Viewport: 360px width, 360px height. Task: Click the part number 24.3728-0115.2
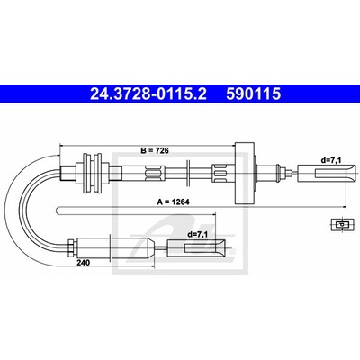coord(148,94)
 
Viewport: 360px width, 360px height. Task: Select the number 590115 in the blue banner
coord(254,94)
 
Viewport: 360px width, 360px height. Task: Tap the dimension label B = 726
coord(155,150)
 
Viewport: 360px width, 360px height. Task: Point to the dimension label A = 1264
coord(174,202)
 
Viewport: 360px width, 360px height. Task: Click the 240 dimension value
coord(83,263)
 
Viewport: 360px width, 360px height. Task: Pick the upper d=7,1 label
coord(331,160)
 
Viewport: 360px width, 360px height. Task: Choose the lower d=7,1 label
coord(198,235)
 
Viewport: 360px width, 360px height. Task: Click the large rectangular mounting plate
coord(245,173)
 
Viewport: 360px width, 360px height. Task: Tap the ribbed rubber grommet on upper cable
coord(93,174)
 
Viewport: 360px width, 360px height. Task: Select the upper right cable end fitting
coord(327,174)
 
